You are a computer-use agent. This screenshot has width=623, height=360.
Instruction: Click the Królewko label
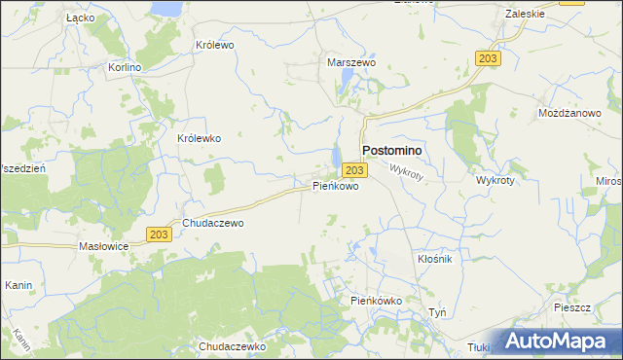(200, 138)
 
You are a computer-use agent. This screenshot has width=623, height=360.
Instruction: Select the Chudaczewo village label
(212, 223)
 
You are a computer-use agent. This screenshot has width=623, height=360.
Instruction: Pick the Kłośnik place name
(435, 260)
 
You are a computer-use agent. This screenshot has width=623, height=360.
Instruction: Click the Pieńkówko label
(377, 302)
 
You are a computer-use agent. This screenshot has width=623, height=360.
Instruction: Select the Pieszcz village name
(571, 306)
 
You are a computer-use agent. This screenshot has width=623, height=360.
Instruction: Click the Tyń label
(438, 312)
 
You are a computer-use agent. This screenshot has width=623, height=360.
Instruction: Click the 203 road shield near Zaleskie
(490, 59)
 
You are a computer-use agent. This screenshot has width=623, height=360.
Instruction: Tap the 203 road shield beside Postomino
(355, 170)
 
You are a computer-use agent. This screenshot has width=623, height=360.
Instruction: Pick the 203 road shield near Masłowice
(161, 234)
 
